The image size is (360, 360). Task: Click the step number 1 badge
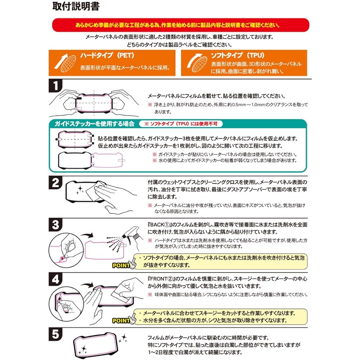[55, 87]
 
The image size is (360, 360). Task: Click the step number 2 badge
[55, 184]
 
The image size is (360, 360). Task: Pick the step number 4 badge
[55, 279]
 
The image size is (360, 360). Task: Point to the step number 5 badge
[55, 335]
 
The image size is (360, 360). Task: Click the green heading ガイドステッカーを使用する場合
[94, 124]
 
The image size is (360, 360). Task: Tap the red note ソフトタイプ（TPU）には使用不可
[183, 124]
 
